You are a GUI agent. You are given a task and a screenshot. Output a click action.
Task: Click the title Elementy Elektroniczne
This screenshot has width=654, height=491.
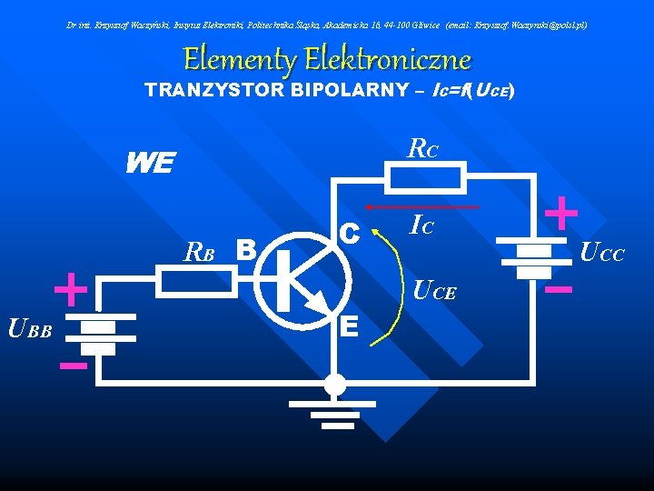coord(327,60)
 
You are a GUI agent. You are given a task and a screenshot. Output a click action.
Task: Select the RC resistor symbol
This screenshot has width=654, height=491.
coord(426,180)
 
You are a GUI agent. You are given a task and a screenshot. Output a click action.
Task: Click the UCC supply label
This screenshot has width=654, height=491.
coord(602,254)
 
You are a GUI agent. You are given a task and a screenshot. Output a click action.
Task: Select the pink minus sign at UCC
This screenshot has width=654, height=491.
coord(560,290)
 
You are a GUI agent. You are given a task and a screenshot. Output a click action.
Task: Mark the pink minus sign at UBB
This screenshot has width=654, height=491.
coord(73,366)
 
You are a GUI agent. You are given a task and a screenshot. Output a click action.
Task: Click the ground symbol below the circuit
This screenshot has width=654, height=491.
coord(335,406)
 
